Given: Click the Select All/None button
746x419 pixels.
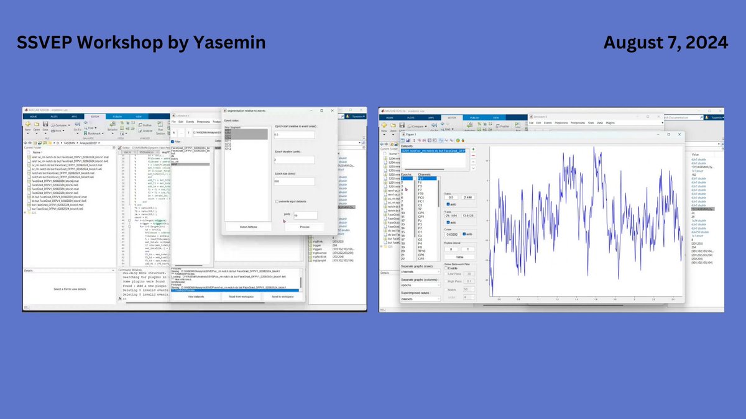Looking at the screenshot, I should [x=246, y=227].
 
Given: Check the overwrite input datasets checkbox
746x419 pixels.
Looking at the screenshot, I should [x=277, y=201].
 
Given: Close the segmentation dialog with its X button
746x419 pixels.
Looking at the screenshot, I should [x=332, y=110].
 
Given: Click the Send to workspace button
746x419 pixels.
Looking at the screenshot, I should [x=282, y=297].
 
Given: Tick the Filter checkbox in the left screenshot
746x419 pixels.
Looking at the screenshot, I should [x=173, y=141].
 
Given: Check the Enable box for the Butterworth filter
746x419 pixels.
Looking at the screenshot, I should [x=446, y=268].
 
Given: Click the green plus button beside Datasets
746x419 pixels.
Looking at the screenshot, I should [x=472, y=149].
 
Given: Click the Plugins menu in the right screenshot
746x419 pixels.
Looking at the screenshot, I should [x=610, y=123].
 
